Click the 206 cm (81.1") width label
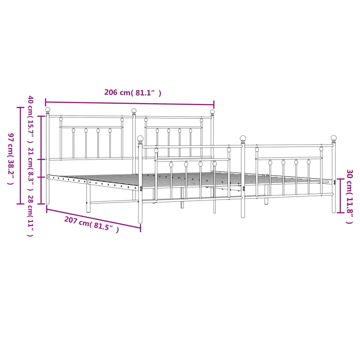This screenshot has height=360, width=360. tap(133, 93)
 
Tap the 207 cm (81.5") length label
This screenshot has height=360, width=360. tap(91, 225)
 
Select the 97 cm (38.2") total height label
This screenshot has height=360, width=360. tap(11, 159)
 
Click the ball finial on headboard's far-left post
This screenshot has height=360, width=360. tap(48, 110)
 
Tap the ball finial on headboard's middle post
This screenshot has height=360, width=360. tap(134, 111)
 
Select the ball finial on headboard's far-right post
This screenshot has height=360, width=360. tap(212, 112)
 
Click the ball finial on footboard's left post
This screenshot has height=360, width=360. tap(140, 139)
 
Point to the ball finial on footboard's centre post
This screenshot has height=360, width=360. tap(243, 138)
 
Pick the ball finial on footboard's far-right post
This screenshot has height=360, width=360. tap(334, 138)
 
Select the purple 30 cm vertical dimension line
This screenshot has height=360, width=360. tap(340, 196)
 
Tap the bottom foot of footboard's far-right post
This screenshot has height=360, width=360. tap(334, 211)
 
